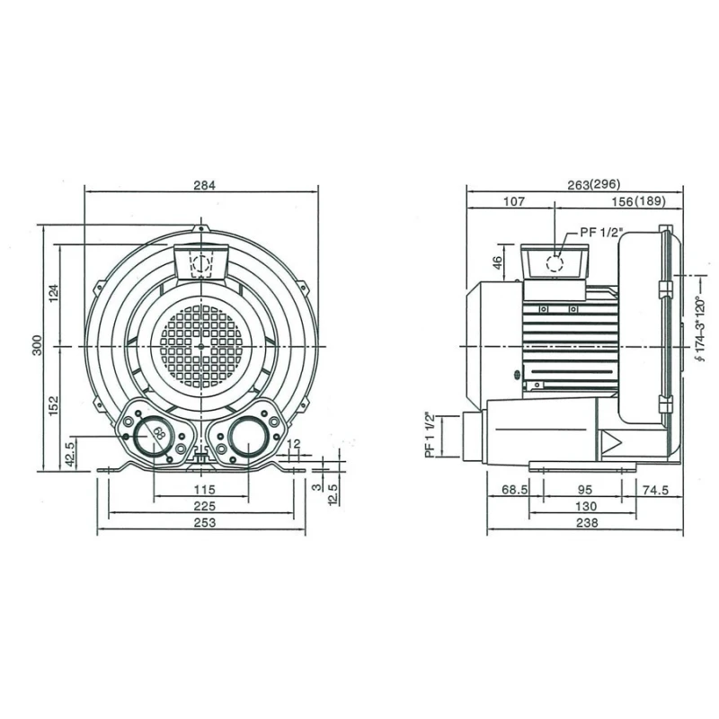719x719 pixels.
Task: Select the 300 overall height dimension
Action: pyautogui.click(x=38, y=346)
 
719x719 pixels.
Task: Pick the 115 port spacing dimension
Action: pyautogui.click(x=204, y=490)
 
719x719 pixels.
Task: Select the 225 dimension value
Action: pyautogui.click(x=204, y=507)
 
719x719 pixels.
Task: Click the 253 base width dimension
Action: pyautogui.click(x=204, y=524)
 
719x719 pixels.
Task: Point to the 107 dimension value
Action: pyautogui.click(x=513, y=202)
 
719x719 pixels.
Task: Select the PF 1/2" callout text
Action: pyautogui.click(x=600, y=232)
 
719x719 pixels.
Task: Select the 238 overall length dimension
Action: pyautogui.click(x=584, y=524)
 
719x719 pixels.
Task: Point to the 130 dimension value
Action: pyautogui.click(x=584, y=507)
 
